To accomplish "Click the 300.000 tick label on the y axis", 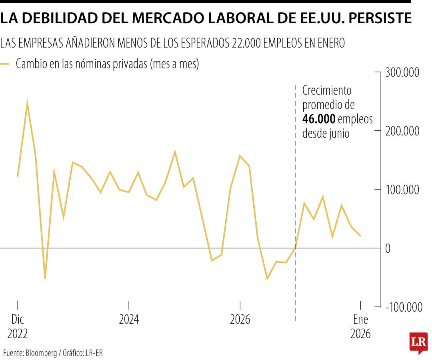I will tap(402, 73).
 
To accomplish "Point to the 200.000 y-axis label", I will tap(402, 131).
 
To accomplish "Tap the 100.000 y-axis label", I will tap(402, 190).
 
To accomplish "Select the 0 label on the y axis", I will tap(388, 248).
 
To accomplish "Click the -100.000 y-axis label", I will tap(404, 307).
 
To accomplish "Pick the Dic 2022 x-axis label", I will tap(18, 326).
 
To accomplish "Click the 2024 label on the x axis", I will tap(129, 320).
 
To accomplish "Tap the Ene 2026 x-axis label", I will tap(360, 326).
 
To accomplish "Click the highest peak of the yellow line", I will tap(27, 102).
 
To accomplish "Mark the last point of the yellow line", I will tap(360, 236).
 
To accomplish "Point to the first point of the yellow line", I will tap(18, 176).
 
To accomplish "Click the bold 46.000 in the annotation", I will tap(319, 119).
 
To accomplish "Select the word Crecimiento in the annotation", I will tap(326, 90).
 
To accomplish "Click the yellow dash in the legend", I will tap(5, 64).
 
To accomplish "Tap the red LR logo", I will tap(418, 342).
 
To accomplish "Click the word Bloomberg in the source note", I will tap(42, 353).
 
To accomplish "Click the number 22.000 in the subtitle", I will tap(247, 43).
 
